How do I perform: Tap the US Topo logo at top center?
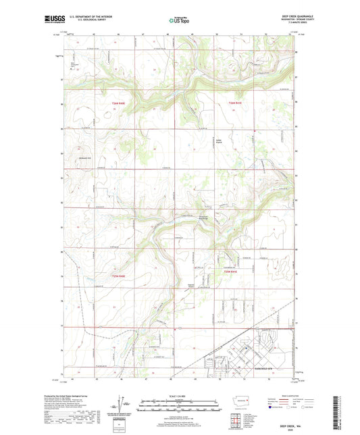pyautogui.click(x=179, y=21)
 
